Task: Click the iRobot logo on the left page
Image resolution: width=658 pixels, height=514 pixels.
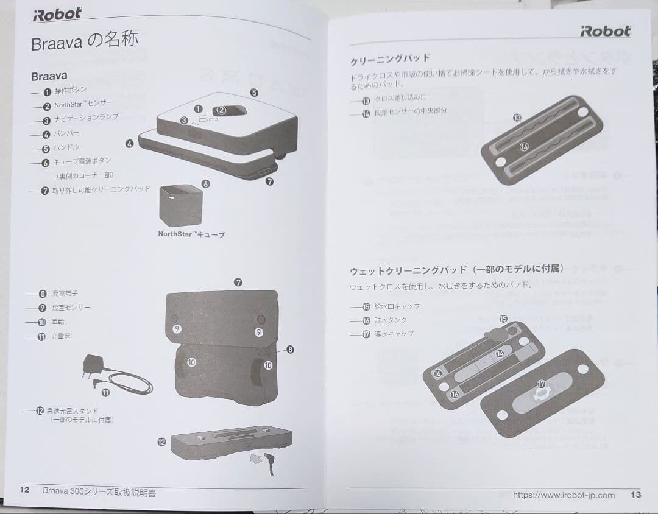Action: pyautogui.click(x=57, y=14)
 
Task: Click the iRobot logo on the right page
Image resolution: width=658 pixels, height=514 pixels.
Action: pyautogui.click(x=605, y=31)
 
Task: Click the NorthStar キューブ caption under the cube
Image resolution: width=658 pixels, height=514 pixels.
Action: pyautogui.click(x=191, y=234)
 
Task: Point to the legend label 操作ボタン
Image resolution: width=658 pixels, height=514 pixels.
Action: pyautogui.click(x=71, y=90)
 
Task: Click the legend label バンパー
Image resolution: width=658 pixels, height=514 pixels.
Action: pyautogui.click(x=66, y=133)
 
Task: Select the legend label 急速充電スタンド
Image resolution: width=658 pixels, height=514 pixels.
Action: pyautogui.click(x=73, y=411)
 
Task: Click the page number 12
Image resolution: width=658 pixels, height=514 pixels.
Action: pyautogui.click(x=24, y=490)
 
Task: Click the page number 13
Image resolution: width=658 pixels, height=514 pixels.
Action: pyautogui.click(x=635, y=495)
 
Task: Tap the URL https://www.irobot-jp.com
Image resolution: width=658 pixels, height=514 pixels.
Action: pyautogui.click(x=564, y=495)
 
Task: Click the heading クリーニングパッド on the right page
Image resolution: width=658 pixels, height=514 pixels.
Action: pyautogui.click(x=390, y=60)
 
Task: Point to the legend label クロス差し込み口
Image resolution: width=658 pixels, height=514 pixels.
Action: pyautogui.click(x=401, y=98)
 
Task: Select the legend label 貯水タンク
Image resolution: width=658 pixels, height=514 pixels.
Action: pyautogui.click(x=392, y=320)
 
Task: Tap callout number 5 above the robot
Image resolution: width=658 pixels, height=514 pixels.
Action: pyautogui.click(x=253, y=93)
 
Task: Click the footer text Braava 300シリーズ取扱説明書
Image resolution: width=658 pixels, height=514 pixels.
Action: pyautogui.click(x=99, y=491)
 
